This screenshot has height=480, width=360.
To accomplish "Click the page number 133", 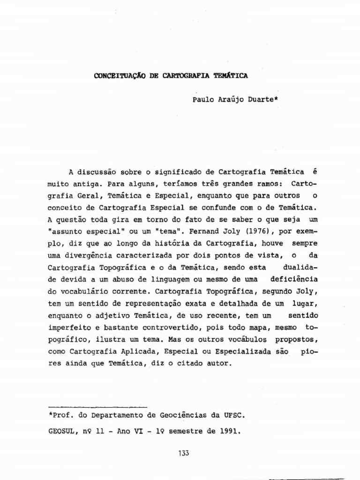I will click(184, 453).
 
